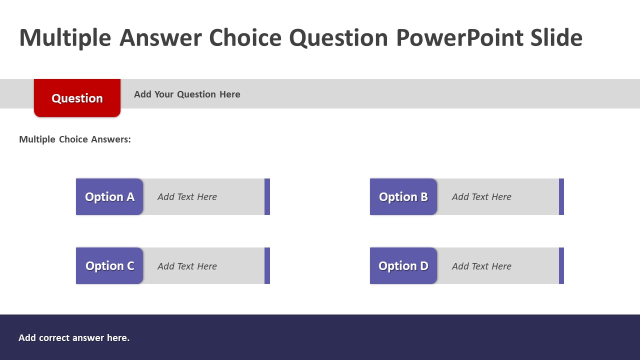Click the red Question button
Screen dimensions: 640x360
click(77, 98)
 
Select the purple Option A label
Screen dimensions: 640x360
click(109, 197)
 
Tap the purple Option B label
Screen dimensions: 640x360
click(403, 197)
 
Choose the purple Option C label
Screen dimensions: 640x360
click(109, 265)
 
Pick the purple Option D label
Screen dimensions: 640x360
click(403, 265)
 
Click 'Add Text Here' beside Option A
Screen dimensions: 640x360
click(187, 197)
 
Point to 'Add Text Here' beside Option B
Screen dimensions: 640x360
click(481, 197)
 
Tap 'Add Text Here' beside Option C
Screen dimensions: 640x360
click(187, 266)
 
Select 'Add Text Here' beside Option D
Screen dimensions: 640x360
click(481, 266)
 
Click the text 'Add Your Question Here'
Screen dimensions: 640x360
click(187, 94)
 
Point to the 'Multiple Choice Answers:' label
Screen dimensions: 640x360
click(75, 139)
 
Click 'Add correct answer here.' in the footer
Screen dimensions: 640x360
click(74, 338)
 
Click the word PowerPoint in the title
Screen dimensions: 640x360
click(460, 37)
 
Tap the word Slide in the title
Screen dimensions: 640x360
click(556, 37)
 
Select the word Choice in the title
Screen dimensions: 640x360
click(245, 37)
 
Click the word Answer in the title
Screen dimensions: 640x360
click(161, 37)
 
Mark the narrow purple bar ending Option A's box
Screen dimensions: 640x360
click(267, 197)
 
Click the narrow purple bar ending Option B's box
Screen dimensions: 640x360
click(561, 197)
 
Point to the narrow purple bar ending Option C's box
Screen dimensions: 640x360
click(267, 265)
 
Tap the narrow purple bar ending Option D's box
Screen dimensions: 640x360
click(561, 265)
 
